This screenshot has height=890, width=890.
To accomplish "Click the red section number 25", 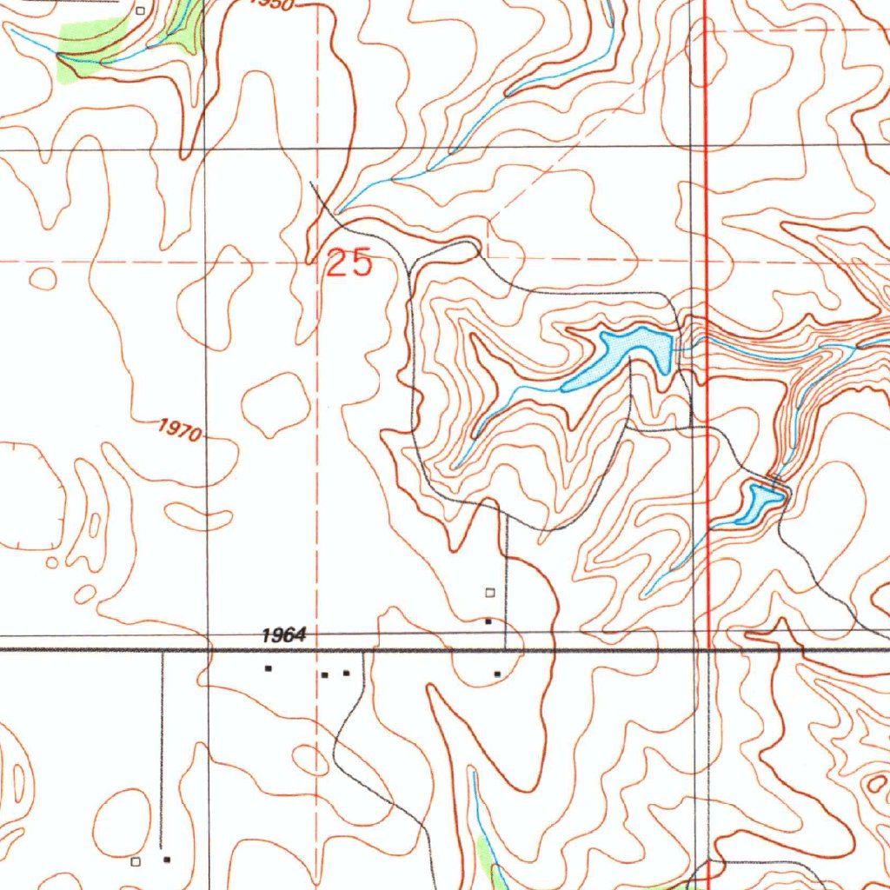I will pyautogui.click(x=349, y=262).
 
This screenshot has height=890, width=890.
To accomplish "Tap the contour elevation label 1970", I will pyautogui.click(x=181, y=430).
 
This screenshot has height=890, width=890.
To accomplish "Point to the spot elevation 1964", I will pyautogui.click(x=284, y=636).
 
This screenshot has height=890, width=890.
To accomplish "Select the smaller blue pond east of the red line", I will pyautogui.click(x=759, y=503).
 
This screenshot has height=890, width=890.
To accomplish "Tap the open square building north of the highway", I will pyautogui.click(x=489, y=593).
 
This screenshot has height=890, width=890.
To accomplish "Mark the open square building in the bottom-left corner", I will pyautogui.click(x=135, y=861).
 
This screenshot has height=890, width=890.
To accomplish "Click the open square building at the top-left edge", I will pyautogui.click(x=142, y=11).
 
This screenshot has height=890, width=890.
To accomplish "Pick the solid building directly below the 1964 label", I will pyautogui.click(x=269, y=668).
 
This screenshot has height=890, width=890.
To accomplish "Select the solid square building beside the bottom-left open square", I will pyautogui.click(x=167, y=860).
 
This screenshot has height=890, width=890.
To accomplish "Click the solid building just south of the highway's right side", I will pyautogui.click(x=497, y=674).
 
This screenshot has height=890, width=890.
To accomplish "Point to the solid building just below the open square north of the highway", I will pyautogui.click(x=488, y=621).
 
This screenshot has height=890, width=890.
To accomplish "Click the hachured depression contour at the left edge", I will pyautogui.click(x=30, y=495).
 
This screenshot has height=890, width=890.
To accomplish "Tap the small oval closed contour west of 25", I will pyautogui.click(x=43, y=279).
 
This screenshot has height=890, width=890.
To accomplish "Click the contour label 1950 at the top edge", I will pyautogui.click(x=273, y=3).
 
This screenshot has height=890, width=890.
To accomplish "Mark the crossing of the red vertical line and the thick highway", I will pyautogui.click(x=709, y=648).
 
